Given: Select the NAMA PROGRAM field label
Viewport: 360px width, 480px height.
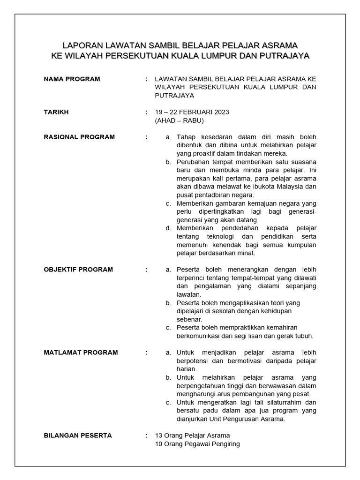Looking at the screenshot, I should click(x=72, y=79).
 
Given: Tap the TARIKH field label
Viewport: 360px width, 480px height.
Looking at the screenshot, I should click(x=56, y=112).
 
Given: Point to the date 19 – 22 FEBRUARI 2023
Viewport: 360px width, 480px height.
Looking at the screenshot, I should click(x=192, y=112).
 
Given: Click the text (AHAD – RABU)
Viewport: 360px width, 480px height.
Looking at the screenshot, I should click(x=179, y=120).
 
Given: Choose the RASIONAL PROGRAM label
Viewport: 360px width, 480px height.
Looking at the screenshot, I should click(x=79, y=137).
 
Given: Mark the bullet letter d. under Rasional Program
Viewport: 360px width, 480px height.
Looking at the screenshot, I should click(x=168, y=228).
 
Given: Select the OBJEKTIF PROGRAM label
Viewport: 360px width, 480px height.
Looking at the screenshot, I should click(x=78, y=270).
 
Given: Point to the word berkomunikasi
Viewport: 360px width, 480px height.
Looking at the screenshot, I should click(x=197, y=336).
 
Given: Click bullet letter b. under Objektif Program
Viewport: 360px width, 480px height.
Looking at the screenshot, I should click(x=168, y=303).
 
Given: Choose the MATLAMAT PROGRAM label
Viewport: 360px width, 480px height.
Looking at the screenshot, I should click(x=81, y=352).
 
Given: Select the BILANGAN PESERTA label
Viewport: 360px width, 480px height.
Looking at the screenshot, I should click(x=78, y=435).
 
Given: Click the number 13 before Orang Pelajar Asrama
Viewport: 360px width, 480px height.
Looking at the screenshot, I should click(x=158, y=435).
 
